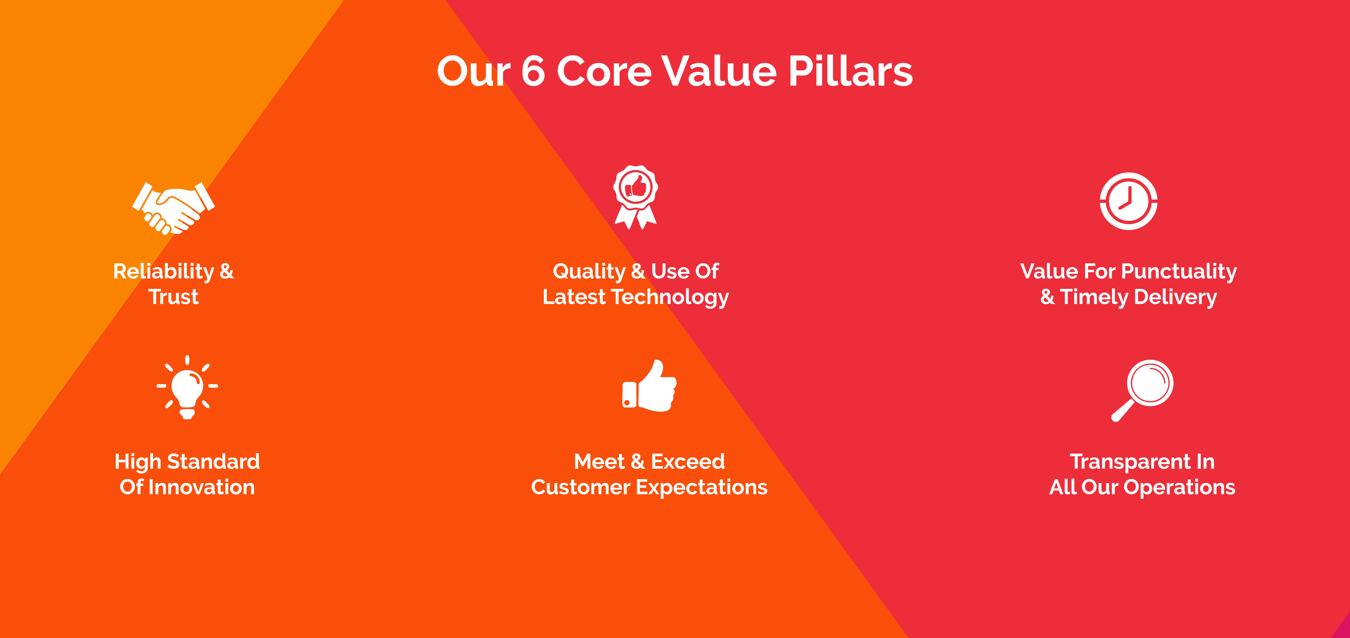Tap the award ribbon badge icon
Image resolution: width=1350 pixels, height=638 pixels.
(636, 197)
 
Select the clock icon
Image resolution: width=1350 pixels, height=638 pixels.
(1128, 201)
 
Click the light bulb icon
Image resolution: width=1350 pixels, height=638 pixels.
(187, 388)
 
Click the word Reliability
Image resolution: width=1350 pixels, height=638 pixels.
(164, 272)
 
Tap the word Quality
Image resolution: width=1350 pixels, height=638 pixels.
(589, 272)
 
